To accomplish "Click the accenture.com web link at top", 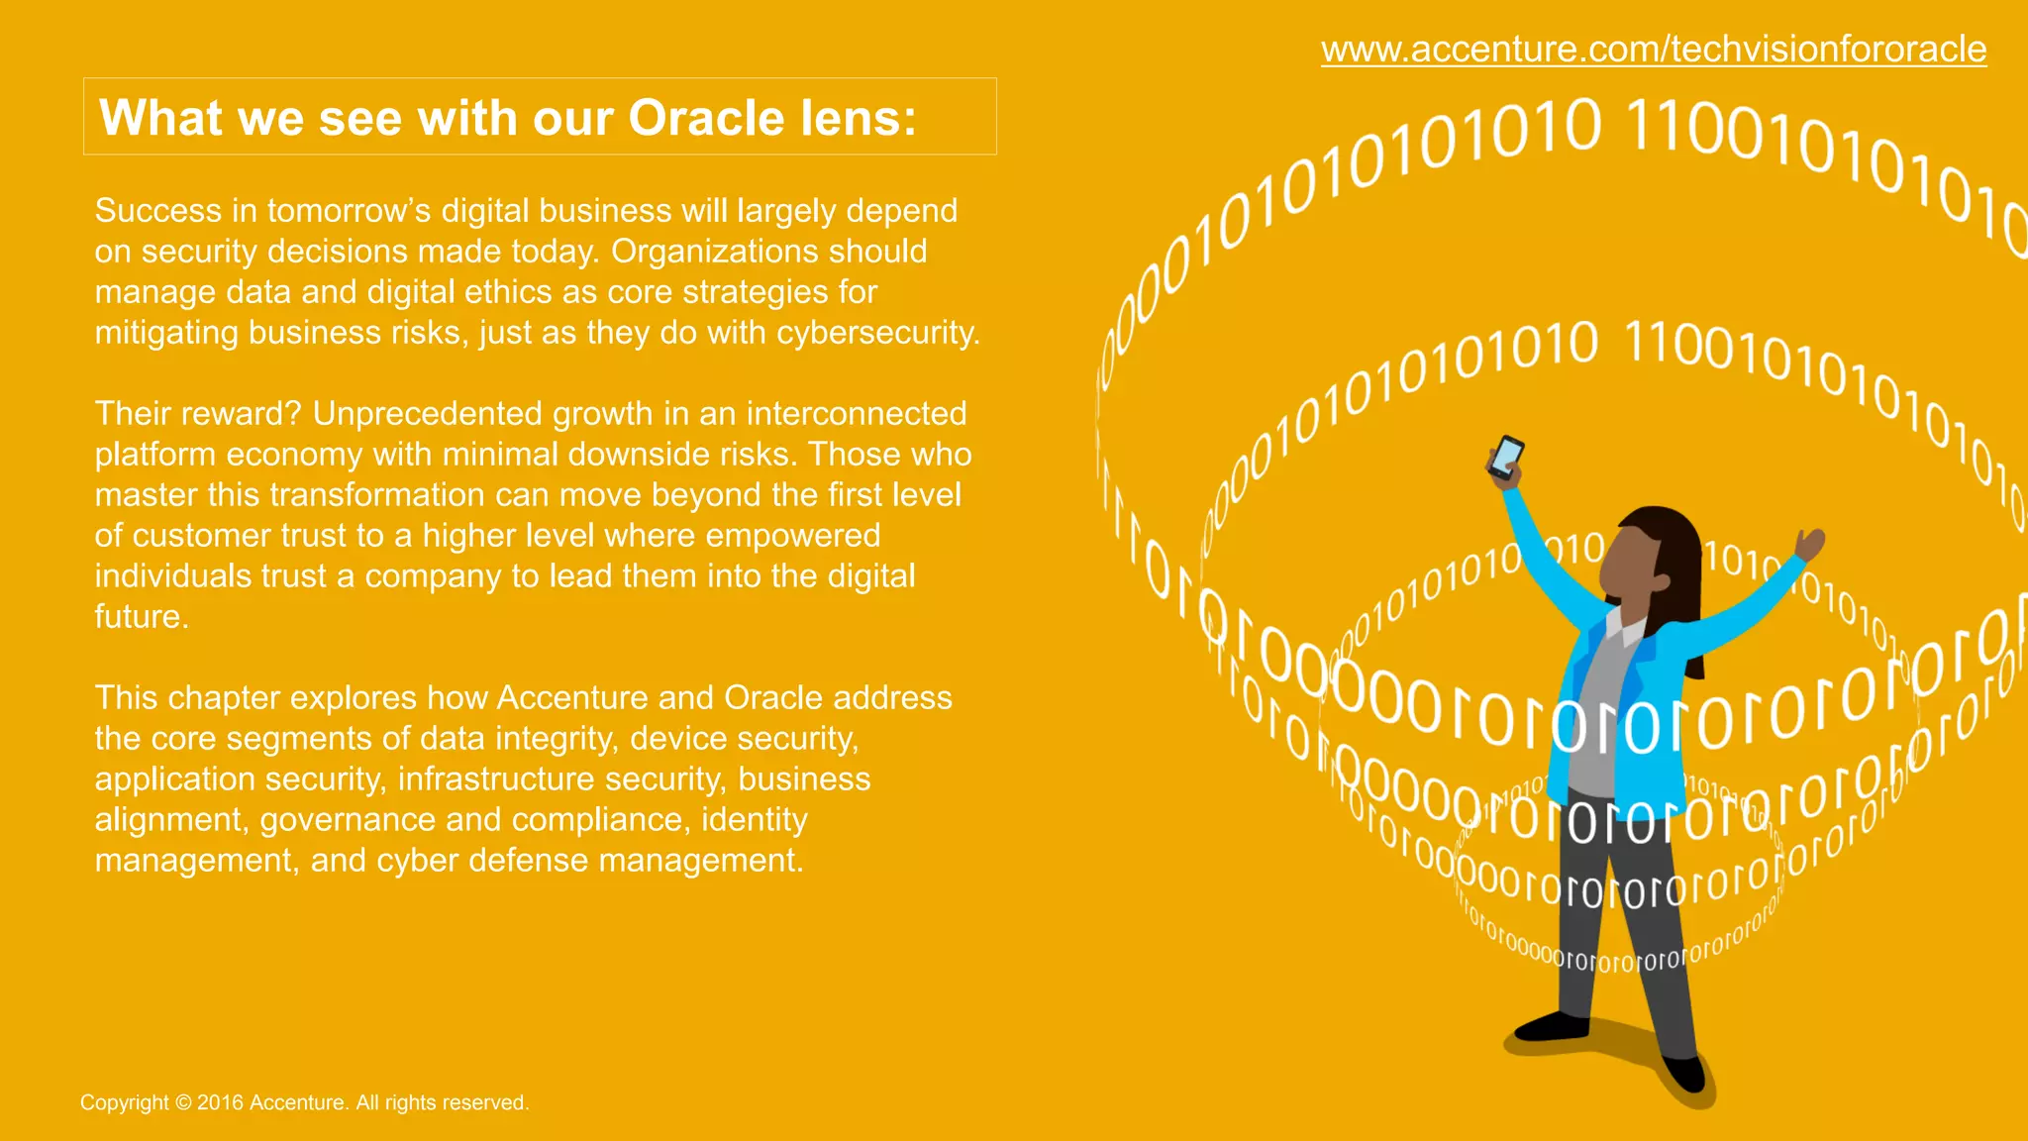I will (1653, 50).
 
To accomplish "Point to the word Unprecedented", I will (428, 414).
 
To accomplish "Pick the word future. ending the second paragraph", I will (142, 617).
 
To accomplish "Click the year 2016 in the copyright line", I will (220, 1102).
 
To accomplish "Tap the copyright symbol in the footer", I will (183, 1102).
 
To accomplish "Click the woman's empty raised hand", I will (1811, 543).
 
